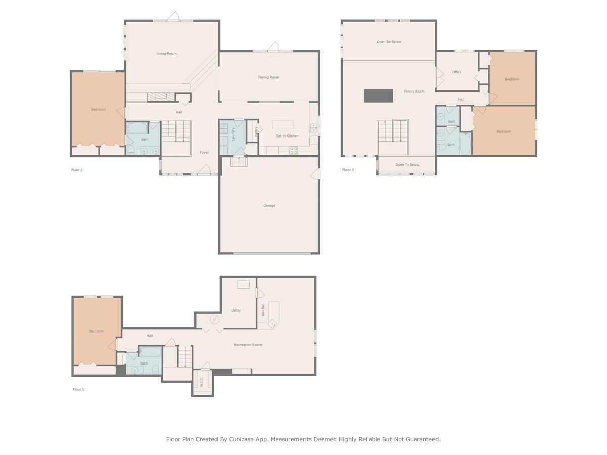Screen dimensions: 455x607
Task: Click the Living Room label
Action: point(166,53)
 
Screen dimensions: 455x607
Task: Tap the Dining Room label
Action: point(269,77)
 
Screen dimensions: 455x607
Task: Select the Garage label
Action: point(269,206)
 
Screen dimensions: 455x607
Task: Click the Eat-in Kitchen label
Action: point(287,136)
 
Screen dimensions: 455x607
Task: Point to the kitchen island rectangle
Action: point(283,125)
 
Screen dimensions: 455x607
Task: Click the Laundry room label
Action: point(233,133)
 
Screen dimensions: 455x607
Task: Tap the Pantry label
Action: point(256,131)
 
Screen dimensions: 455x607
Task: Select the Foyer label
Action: point(204,152)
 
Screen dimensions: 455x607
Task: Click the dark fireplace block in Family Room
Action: point(378,96)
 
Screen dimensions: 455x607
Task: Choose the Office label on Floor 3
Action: point(457,72)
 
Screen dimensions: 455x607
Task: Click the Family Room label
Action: point(414,92)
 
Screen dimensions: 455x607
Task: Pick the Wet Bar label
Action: point(263,310)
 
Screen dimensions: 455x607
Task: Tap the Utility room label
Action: point(236,311)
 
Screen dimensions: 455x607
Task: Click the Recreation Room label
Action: point(248,345)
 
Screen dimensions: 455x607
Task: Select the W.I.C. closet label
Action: point(201,382)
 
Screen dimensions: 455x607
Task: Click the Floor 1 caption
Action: point(78,390)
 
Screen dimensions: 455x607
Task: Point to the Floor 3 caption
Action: point(348,170)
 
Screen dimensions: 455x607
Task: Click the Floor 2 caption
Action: point(77,170)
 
